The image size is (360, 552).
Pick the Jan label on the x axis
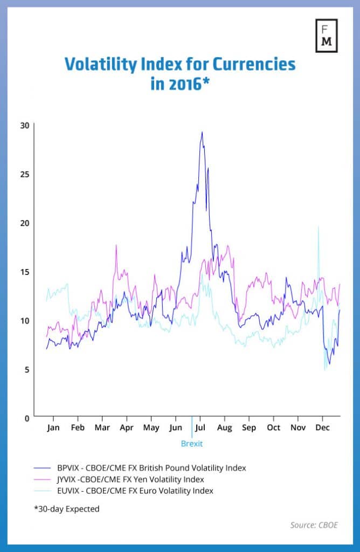(x=53, y=428)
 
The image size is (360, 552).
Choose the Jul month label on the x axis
(x=200, y=428)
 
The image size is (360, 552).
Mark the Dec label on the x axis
(x=322, y=428)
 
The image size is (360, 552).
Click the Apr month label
(x=127, y=428)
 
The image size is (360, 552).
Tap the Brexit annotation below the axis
(x=192, y=444)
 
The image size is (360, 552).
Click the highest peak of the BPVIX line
(x=202, y=133)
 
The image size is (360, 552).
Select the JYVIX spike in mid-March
(x=116, y=246)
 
